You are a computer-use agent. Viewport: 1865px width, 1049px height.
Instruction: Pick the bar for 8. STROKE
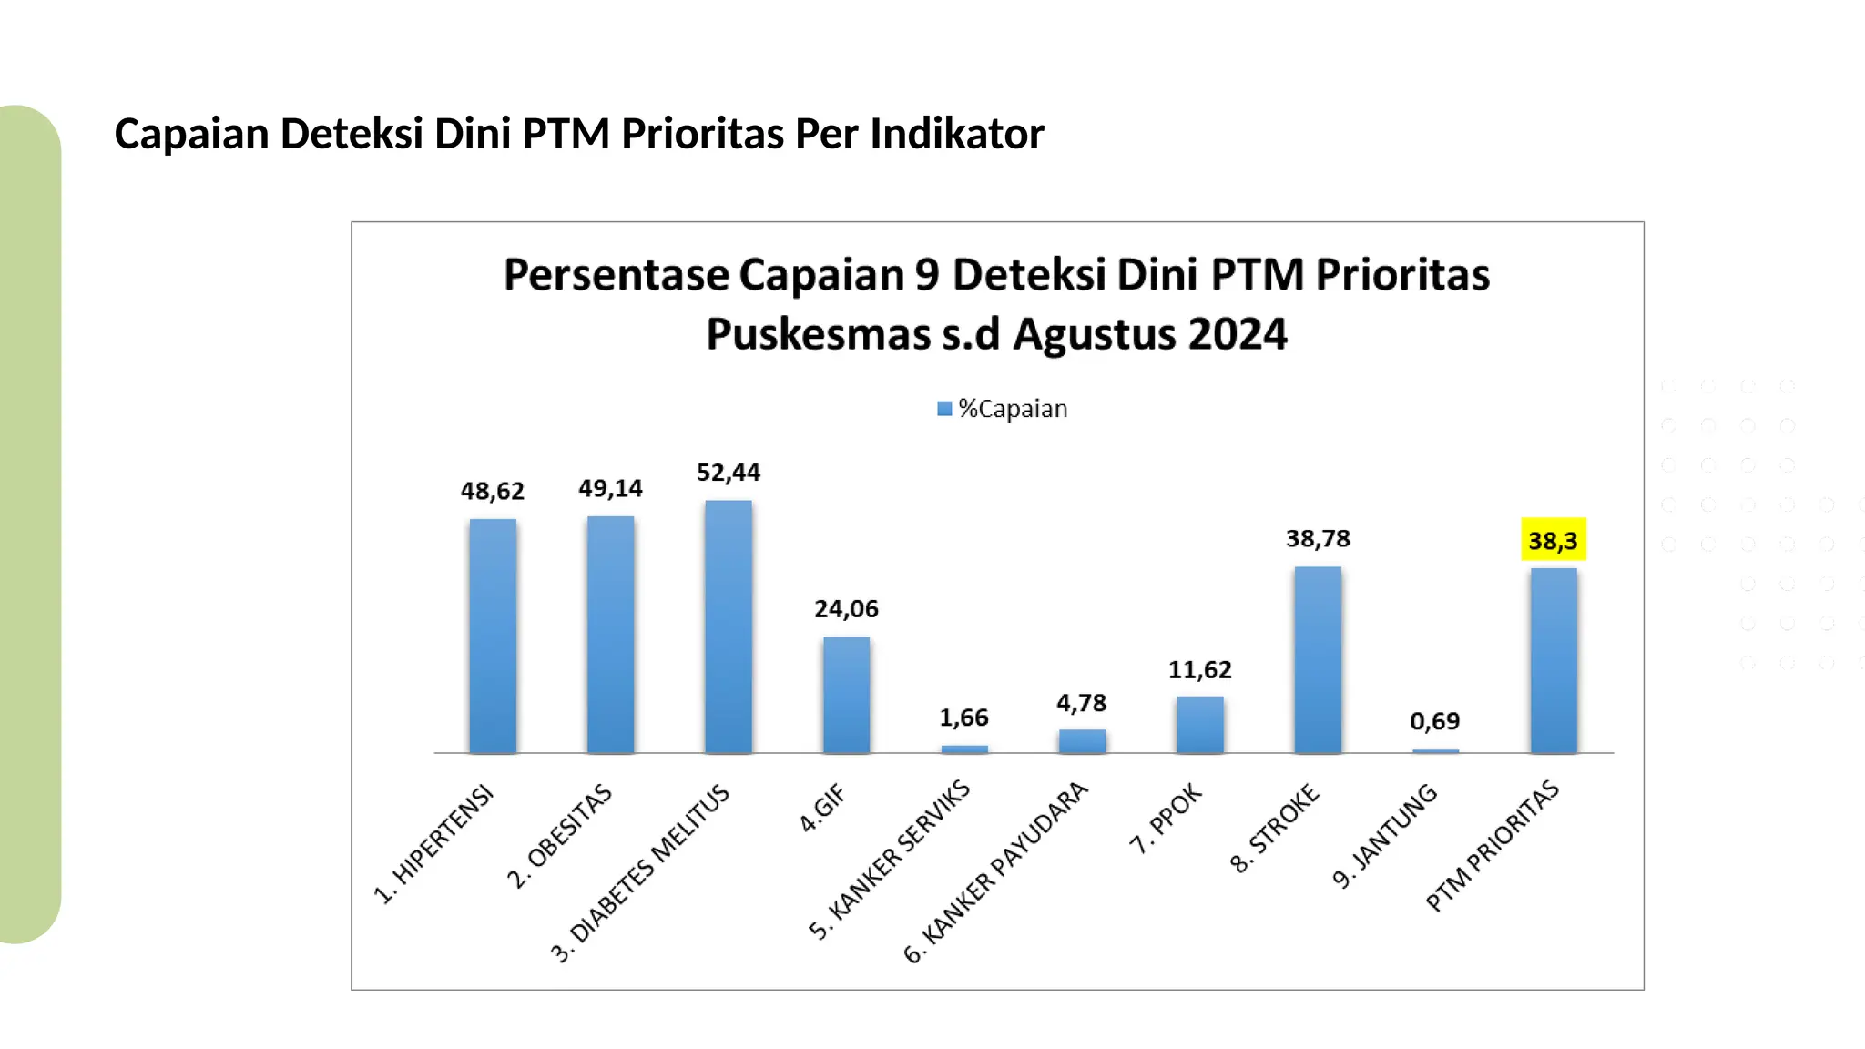click(x=1318, y=659)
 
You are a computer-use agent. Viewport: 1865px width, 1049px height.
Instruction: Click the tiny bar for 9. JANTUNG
click(x=1435, y=751)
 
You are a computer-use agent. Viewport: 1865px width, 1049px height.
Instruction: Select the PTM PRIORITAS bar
click(x=1554, y=660)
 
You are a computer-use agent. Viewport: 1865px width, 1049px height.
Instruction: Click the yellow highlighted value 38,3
click(x=1553, y=541)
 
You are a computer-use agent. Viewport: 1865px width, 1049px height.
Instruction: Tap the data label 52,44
click(x=729, y=473)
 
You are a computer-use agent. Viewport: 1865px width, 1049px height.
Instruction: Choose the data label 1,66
click(x=963, y=718)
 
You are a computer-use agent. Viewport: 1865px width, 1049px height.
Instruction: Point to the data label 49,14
click(x=610, y=489)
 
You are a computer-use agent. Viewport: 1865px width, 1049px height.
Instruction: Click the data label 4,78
click(x=1081, y=703)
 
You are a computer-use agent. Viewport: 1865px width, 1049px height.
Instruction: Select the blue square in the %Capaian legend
click(x=944, y=409)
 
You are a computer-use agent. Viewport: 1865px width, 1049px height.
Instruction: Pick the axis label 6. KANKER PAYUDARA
click(x=996, y=871)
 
